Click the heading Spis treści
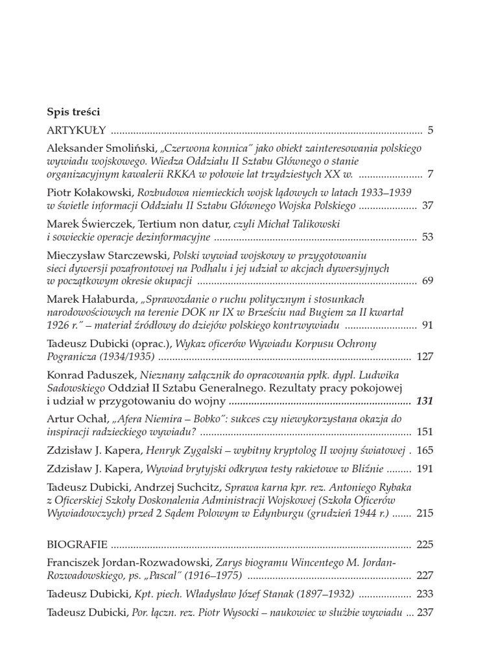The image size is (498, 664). [73, 111]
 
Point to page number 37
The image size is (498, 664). [427, 206]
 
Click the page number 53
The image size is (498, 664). [427, 237]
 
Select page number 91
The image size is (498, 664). [427, 325]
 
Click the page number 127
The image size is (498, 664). [424, 356]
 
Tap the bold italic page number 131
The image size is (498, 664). [424, 401]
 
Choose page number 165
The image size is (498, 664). [424, 449]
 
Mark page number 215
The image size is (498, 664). [424, 513]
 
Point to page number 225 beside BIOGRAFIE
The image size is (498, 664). [424, 544]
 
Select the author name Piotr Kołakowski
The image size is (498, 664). [89, 193]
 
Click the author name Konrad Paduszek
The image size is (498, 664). [88, 375]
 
